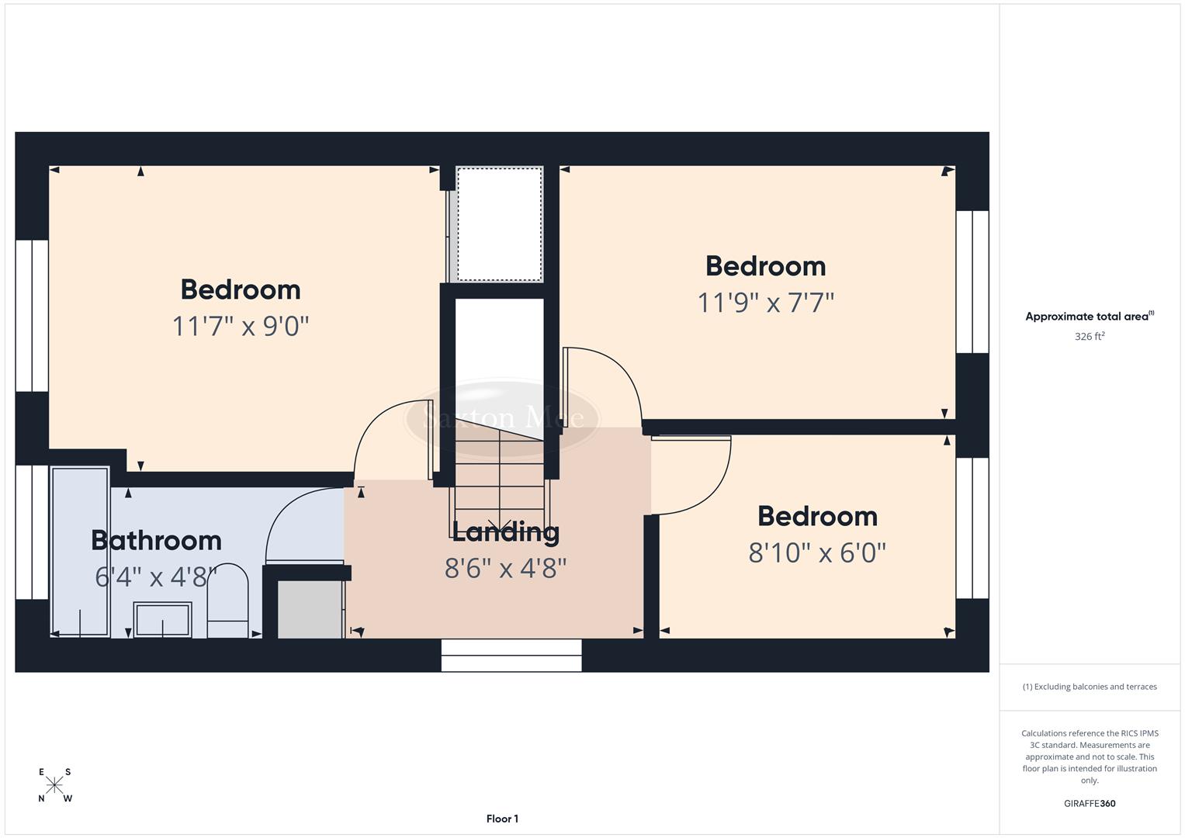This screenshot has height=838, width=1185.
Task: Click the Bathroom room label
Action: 156,540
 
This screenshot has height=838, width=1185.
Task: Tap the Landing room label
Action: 505,532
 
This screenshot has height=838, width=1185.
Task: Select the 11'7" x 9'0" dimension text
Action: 241,326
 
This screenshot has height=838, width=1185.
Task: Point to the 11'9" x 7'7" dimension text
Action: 765,303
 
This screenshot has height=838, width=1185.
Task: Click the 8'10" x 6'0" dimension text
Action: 817,553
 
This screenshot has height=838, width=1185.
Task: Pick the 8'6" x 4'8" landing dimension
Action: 505,569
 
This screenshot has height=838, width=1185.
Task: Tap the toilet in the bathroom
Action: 227,602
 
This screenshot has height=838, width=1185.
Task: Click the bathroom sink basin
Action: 162,620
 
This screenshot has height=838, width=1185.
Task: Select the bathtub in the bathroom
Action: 81,551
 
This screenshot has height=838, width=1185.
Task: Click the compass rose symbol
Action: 54,785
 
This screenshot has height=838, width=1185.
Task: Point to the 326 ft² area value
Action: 1089,337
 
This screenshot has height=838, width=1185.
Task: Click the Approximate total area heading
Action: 1089,317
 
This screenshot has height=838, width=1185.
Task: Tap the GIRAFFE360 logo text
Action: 1089,804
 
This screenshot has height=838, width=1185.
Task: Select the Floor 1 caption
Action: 502,819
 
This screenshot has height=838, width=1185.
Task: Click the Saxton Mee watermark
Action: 503,418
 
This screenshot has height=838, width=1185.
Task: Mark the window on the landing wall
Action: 511,656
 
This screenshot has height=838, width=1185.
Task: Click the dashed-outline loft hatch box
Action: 499,224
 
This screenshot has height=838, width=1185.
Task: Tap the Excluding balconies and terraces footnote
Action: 1089,687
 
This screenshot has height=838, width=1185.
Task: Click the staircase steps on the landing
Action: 500,473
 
